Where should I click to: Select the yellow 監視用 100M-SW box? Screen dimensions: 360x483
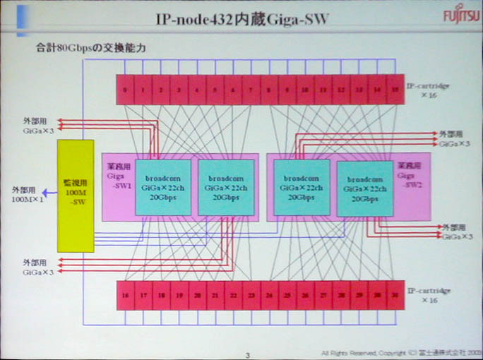[75, 196]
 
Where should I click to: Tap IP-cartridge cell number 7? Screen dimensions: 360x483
[251, 90]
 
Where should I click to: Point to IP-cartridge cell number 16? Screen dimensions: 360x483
[125, 296]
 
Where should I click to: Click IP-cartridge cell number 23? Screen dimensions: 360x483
[251, 296]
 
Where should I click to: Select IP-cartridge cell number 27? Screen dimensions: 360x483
[323, 296]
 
